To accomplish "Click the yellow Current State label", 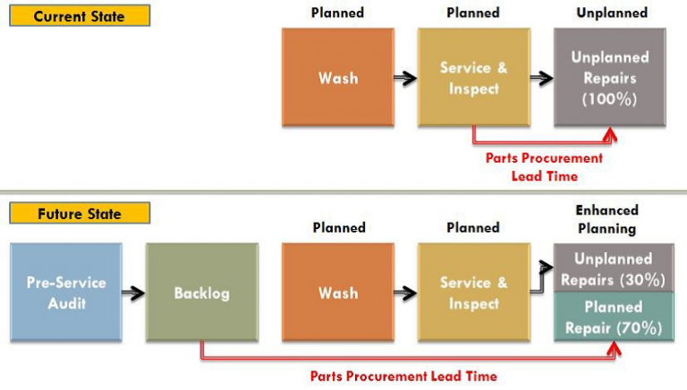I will [80, 17].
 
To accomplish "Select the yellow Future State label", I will [80, 214].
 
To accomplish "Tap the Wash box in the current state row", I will [337, 78].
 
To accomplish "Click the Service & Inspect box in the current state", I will [473, 78].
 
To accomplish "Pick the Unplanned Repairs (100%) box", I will [609, 78].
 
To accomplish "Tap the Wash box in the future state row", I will [337, 292].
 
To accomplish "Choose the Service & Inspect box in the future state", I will [473, 292].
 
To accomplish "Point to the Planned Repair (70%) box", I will [614, 318].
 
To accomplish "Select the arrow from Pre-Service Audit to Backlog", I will [132, 292].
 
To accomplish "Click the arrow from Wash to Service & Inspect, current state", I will [405, 79].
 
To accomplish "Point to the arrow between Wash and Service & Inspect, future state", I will [405, 292].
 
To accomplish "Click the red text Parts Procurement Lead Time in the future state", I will [403, 376].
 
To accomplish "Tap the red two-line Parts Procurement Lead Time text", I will [544, 166].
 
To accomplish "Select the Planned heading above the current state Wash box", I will [337, 13].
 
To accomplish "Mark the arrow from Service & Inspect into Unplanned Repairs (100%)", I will [540, 79].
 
